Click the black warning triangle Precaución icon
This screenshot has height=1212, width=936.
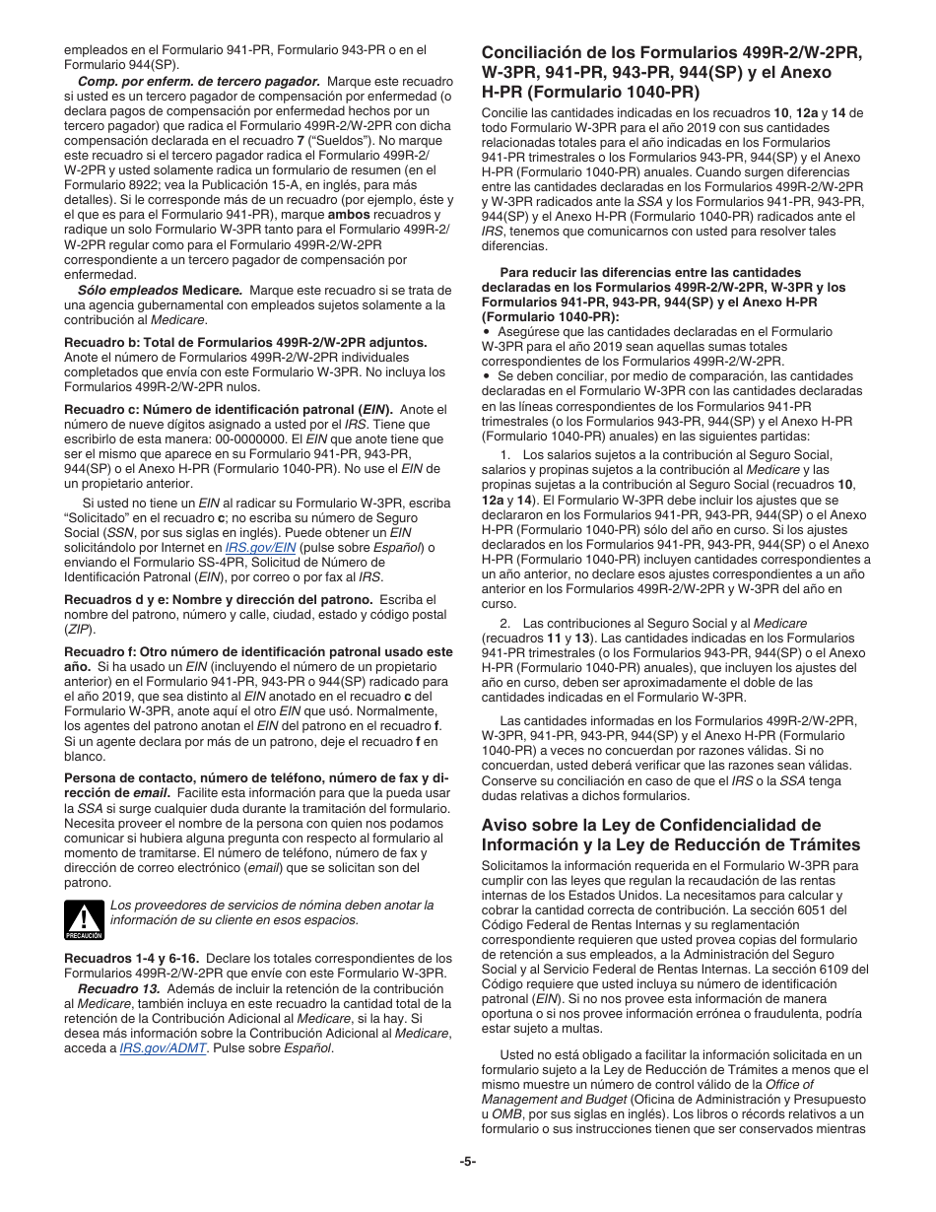point(84,920)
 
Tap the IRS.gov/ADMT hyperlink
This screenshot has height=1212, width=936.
point(163,1048)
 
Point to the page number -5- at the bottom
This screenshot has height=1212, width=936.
point(468,1161)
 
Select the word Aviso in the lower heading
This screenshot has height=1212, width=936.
point(504,825)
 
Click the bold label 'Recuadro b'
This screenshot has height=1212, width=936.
point(101,342)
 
